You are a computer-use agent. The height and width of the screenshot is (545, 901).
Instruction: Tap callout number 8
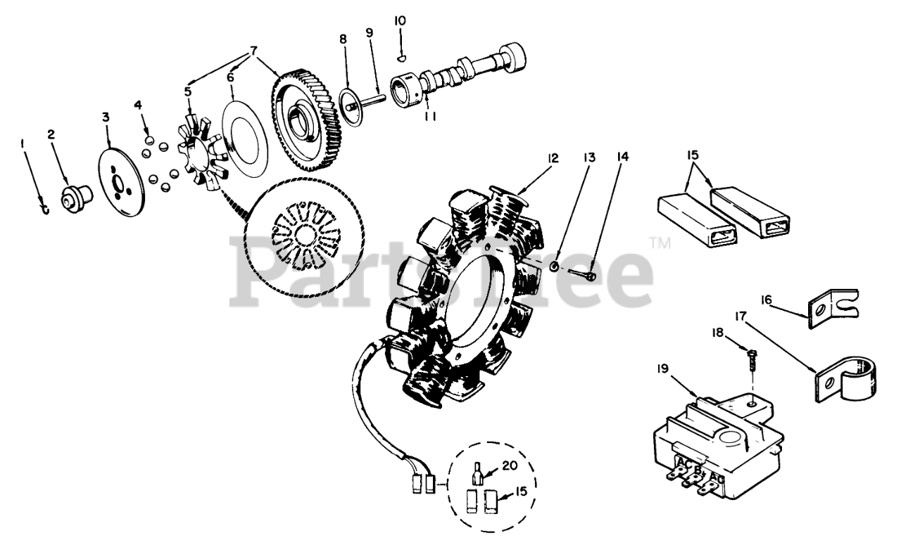[x=344, y=39]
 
